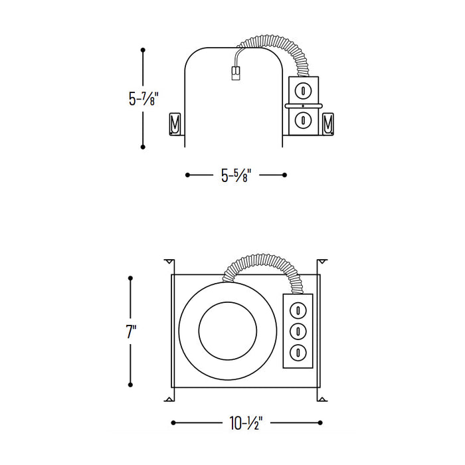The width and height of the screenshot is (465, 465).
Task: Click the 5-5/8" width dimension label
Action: pos(236,175)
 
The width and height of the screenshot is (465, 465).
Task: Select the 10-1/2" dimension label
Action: pos(246,422)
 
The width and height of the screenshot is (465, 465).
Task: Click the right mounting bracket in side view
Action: pos(327,124)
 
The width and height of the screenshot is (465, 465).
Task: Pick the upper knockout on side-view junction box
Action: pos(303,90)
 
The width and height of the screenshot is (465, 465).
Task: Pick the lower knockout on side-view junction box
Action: pos(303,120)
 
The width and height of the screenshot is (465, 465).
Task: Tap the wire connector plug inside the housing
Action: pos(234,72)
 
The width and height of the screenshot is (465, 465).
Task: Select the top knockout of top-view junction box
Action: pos(299,310)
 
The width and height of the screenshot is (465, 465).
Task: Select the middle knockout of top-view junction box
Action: pos(299,330)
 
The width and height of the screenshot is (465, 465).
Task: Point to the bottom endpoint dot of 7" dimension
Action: pos(131,384)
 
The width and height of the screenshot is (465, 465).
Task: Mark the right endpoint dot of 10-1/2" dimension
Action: pos(321,422)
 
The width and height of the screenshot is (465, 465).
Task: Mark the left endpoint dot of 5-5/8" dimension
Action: pos(188,175)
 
